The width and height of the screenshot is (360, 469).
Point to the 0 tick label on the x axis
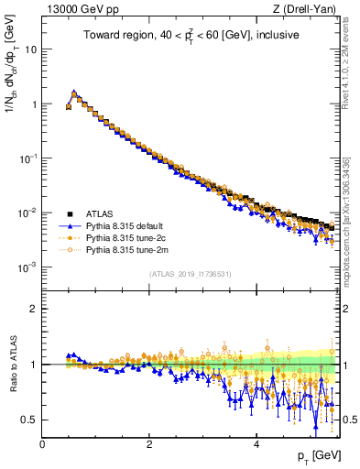tap(42, 443)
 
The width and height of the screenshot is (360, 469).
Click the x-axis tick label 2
tap(148, 443)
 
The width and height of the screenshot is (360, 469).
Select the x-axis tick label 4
tap(256, 443)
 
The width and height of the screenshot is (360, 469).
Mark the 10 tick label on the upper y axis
tap(29, 49)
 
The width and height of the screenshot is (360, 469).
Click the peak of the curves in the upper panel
tap(74, 93)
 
